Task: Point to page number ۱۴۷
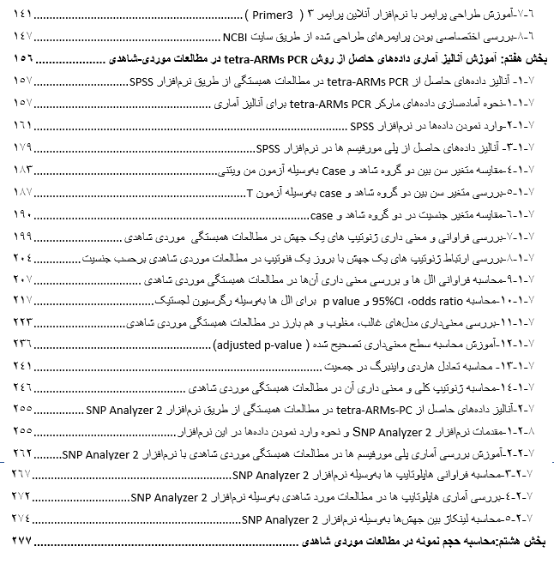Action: [20, 38]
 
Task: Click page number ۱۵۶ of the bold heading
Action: [19, 60]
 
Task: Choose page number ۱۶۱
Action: [20, 125]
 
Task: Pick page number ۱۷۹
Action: [20, 147]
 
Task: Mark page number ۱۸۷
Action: [20, 191]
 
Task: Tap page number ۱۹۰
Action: [20, 213]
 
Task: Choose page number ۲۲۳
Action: [20, 324]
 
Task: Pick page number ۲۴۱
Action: [20, 368]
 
